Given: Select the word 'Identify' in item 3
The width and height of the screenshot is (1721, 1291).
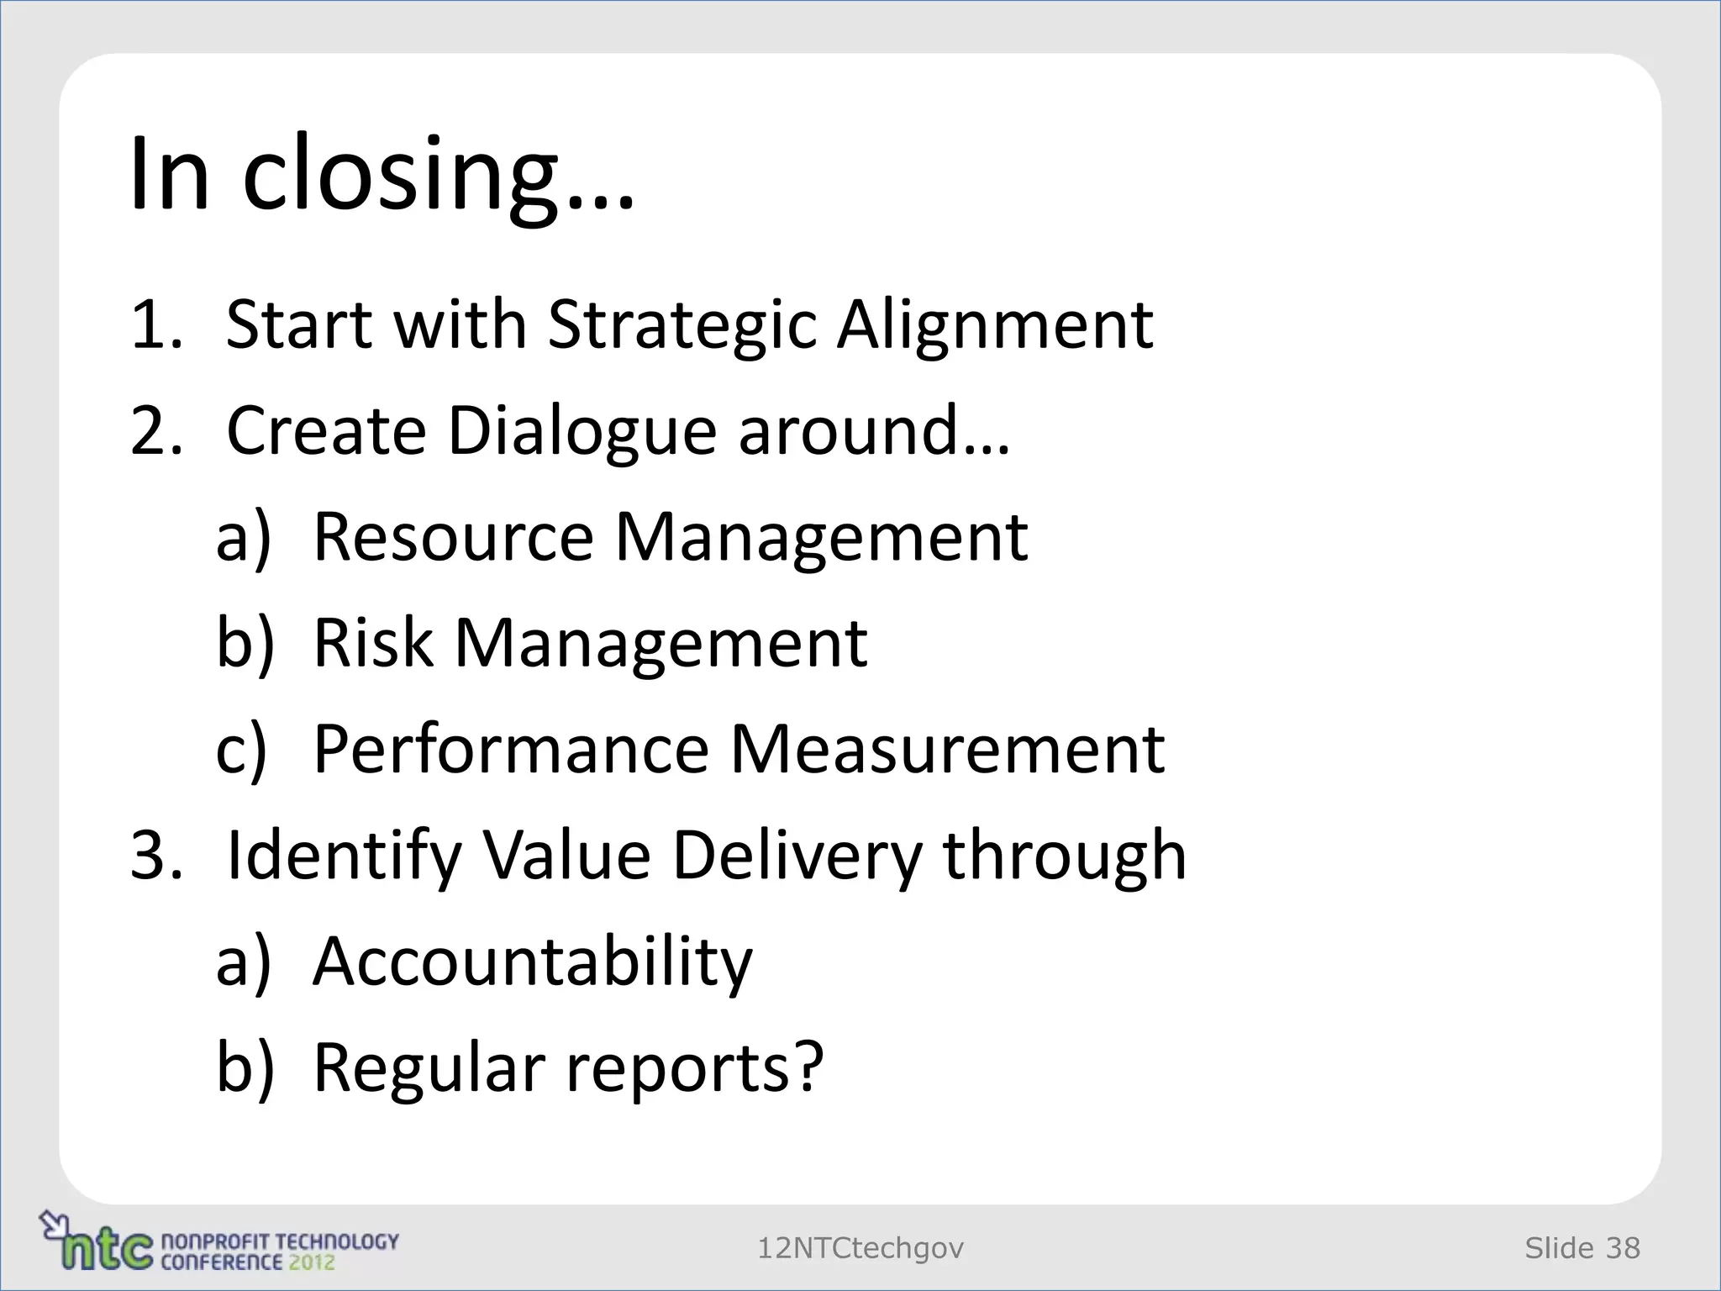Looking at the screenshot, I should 344,856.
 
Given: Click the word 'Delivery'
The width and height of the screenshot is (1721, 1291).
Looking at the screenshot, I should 797,856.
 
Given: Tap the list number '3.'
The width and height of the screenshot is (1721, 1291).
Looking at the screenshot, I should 156,856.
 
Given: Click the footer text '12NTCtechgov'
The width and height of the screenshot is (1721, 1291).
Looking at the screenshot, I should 860,1248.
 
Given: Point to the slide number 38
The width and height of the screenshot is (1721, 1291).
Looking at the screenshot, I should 1623,1248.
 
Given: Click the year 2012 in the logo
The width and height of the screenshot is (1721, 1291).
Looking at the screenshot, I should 311,1262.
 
